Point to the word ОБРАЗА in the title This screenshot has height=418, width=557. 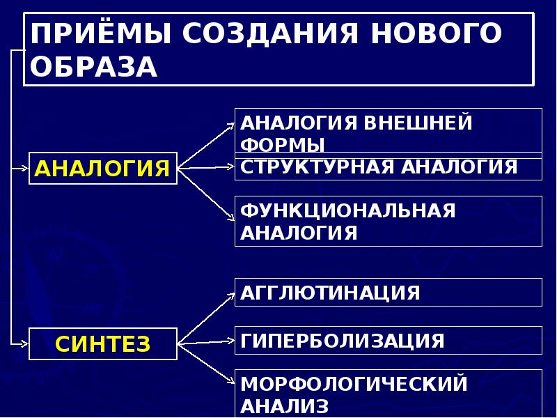point(95,68)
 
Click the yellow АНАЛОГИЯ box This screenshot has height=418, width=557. point(103,168)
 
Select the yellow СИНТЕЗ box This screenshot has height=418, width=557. point(103,343)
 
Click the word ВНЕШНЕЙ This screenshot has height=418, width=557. point(418,123)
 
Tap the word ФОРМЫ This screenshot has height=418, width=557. point(283,146)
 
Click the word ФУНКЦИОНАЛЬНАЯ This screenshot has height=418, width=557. point(348,210)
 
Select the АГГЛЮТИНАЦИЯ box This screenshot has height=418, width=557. point(388,292)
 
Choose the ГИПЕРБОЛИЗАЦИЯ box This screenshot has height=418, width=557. point(388,340)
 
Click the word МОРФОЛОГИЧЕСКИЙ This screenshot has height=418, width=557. point(353,383)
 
